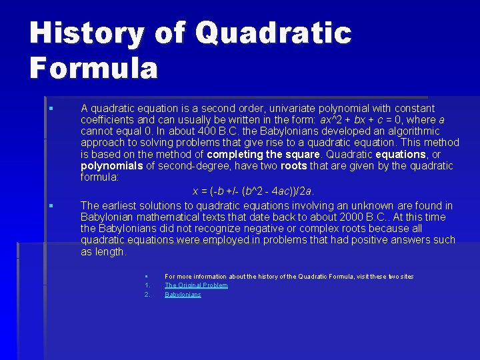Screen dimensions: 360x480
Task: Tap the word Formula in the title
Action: tap(93, 68)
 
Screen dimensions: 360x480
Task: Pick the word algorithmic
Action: tap(408, 131)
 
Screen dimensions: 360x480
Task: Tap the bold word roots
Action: tap(294, 166)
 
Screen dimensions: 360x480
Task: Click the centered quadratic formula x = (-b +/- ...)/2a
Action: tap(253, 191)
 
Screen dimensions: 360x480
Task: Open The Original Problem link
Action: tap(196, 285)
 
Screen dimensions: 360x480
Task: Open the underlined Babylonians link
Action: tap(183, 295)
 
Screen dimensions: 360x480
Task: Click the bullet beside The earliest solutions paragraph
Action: tap(50, 206)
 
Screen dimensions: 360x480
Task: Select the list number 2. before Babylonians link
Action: tap(147, 295)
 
